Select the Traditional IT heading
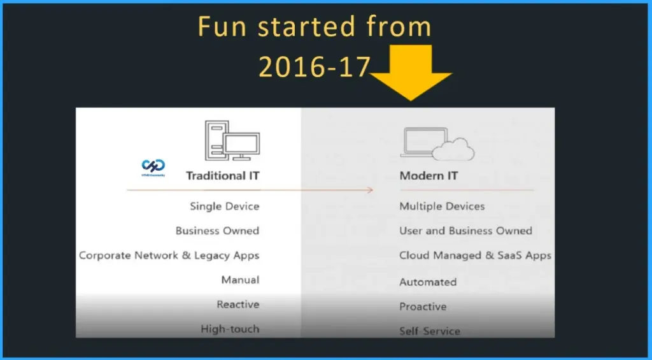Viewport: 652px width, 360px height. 223,175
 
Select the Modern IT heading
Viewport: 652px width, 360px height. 429,175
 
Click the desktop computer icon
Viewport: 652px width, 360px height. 231,142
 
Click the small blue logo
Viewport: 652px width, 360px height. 153,166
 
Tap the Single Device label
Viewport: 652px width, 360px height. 224,206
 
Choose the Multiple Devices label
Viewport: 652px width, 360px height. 442,206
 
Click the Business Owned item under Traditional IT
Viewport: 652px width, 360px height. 217,231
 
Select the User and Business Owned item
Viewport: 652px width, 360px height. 465,231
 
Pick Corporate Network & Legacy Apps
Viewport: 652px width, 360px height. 169,256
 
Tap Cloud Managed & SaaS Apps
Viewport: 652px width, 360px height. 475,256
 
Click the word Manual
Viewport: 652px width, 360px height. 240,280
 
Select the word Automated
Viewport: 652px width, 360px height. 428,282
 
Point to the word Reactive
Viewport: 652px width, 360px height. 237,305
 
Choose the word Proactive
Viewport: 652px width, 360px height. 423,306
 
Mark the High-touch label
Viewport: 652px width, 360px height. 230,329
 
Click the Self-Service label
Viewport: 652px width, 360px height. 429,331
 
